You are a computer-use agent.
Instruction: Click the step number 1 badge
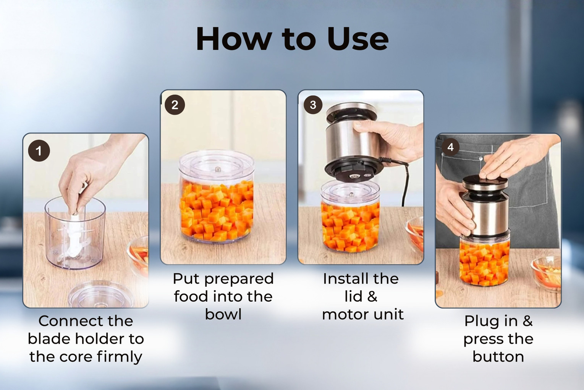click(39, 151)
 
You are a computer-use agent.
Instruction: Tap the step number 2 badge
click(175, 105)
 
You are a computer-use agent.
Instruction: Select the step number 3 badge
click(313, 105)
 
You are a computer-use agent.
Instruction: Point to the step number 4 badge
click(451, 147)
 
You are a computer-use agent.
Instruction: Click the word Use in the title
click(358, 39)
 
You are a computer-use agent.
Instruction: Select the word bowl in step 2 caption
click(223, 314)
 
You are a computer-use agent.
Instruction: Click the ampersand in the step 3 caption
click(372, 297)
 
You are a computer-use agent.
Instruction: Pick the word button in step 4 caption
click(498, 357)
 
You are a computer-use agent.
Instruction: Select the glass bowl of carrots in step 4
click(546, 271)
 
